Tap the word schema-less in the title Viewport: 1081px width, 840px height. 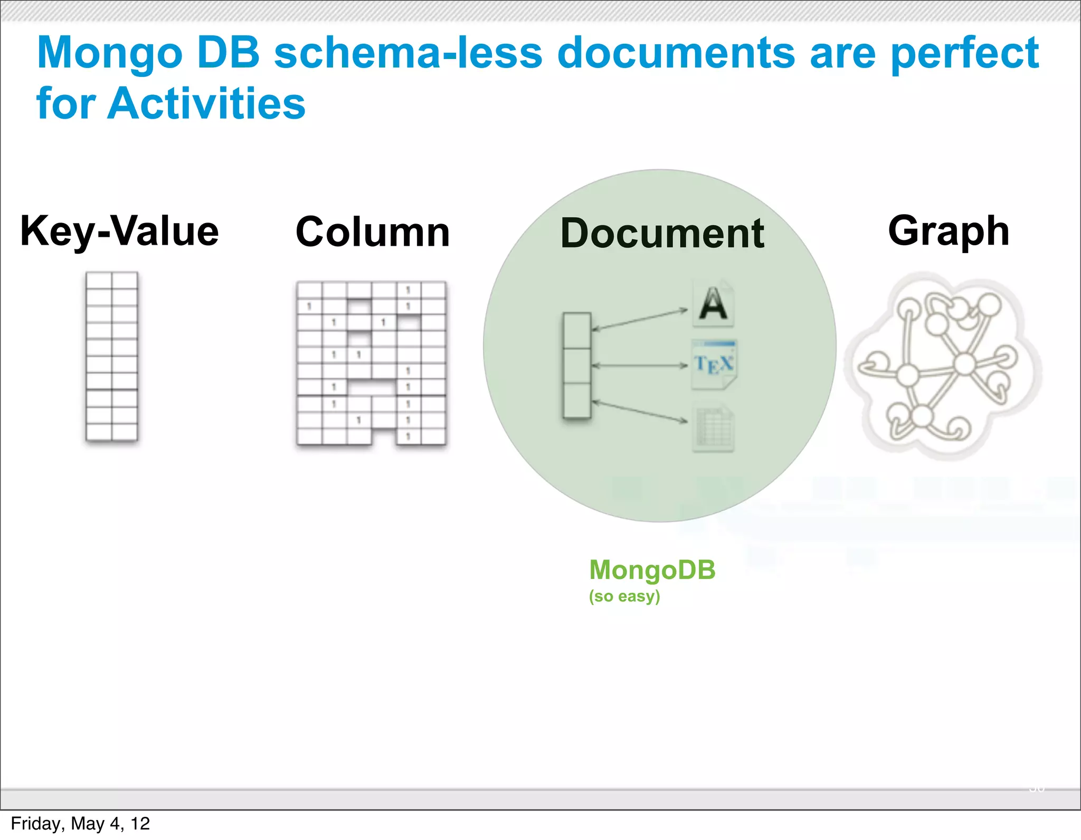[x=408, y=53]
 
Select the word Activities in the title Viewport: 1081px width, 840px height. [x=206, y=103]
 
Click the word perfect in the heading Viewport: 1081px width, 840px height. [x=964, y=54]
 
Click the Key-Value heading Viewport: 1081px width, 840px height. [x=120, y=231]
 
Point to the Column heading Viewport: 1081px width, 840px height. [x=373, y=232]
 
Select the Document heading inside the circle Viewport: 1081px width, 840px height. [x=662, y=234]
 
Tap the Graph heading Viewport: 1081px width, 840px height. [x=949, y=231]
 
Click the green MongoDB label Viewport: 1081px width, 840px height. [x=652, y=570]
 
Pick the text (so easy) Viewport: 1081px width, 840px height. [x=624, y=596]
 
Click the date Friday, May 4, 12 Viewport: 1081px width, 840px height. [x=80, y=824]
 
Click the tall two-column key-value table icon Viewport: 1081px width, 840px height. [x=112, y=356]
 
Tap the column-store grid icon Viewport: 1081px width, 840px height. [x=371, y=363]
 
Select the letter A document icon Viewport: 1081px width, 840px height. [x=713, y=304]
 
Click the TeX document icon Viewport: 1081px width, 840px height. [x=714, y=364]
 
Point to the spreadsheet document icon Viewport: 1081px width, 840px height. [x=713, y=428]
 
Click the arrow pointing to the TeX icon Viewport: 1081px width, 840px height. [x=639, y=365]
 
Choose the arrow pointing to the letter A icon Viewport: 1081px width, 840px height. [x=639, y=320]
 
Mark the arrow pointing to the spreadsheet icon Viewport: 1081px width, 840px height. [x=639, y=411]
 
